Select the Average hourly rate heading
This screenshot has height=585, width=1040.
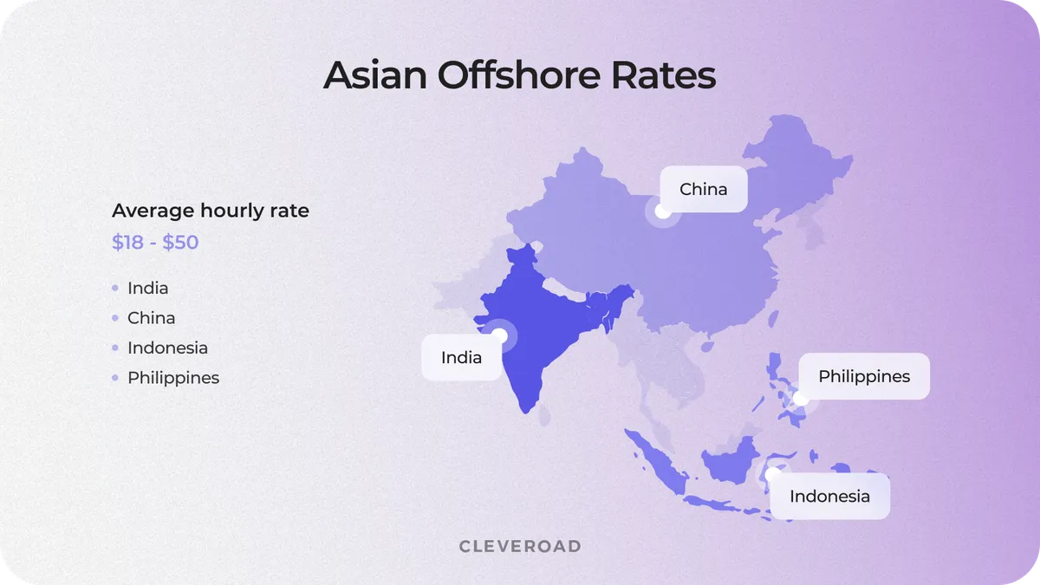[211, 211]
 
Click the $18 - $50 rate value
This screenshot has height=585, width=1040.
[155, 242]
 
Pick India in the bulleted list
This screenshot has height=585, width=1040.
[147, 288]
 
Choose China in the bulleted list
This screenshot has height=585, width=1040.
[151, 318]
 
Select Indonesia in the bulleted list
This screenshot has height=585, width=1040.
[167, 348]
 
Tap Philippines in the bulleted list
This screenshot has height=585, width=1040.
[173, 378]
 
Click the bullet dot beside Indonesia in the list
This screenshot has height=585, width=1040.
[115, 348]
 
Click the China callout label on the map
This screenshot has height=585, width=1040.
[703, 189]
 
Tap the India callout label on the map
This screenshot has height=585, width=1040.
[461, 357]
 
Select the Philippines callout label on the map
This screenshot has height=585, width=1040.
[864, 376]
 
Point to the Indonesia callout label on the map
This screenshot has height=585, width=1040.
[829, 497]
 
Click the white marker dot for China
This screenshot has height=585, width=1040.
[662, 211]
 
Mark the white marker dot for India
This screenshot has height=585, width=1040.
[499, 335]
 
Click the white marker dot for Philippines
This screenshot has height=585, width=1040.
[801, 400]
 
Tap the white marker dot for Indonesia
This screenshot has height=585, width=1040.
[772, 474]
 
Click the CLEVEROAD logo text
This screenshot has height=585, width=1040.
[520, 546]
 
